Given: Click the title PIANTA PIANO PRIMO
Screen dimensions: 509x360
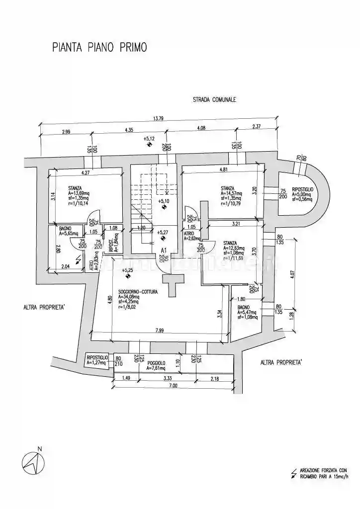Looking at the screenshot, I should [x=99, y=48].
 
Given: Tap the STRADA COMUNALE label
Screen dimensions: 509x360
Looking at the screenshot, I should [x=214, y=99].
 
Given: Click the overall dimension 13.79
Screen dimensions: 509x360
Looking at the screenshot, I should [x=158, y=118].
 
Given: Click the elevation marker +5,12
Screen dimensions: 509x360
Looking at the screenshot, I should [x=149, y=139].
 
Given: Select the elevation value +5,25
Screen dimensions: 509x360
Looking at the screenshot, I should [x=127, y=270].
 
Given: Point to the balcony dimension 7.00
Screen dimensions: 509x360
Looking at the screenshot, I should [x=173, y=386].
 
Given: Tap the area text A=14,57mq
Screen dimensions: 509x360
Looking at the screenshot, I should [x=231, y=193].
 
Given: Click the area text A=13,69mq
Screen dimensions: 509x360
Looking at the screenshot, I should [x=79, y=193].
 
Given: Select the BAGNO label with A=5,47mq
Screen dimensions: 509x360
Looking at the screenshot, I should [x=244, y=308].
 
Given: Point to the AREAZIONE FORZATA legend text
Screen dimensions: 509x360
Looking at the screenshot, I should [x=323, y=470].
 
